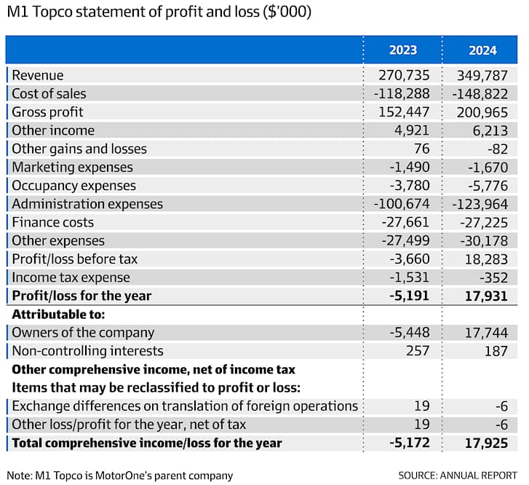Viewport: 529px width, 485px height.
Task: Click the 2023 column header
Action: [x=403, y=50]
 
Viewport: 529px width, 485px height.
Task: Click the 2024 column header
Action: [x=482, y=51]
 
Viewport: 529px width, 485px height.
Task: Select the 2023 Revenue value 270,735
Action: [x=404, y=75]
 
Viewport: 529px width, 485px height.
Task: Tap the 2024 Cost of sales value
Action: [x=480, y=94]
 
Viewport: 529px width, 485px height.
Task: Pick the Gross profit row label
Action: [x=47, y=112]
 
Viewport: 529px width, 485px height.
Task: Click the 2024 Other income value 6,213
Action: [x=490, y=130]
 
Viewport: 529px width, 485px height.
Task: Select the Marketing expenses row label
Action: [x=72, y=167]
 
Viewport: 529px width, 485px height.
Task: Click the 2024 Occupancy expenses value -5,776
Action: [x=488, y=186]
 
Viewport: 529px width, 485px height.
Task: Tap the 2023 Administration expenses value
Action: [x=402, y=204]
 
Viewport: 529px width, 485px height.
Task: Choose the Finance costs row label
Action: [x=52, y=222]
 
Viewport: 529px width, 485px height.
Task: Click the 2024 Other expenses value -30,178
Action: [x=483, y=241]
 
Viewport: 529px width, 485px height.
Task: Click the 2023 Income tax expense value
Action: [x=409, y=277]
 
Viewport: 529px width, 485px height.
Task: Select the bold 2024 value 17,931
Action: [x=486, y=296]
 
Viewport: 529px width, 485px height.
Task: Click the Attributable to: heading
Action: [x=58, y=315]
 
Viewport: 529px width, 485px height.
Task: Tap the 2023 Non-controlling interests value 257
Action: [x=418, y=351]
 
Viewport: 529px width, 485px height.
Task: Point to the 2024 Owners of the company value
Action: [x=486, y=333]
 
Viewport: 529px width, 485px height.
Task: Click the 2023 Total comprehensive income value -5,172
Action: [x=409, y=443]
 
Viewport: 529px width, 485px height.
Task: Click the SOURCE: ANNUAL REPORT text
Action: [x=458, y=476]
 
